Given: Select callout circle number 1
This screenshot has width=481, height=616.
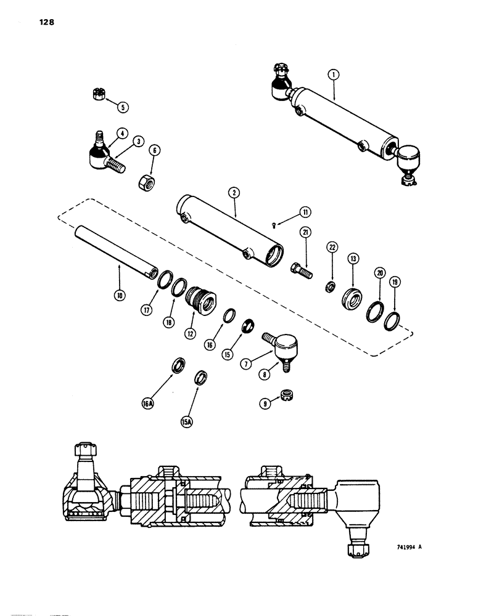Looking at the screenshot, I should pyautogui.click(x=332, y=76).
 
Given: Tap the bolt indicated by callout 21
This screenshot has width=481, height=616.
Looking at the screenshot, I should pyautogui.click(x=300, y=269).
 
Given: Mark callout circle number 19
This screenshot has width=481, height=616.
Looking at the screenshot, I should pyautogui.click(x=395, y=283).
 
